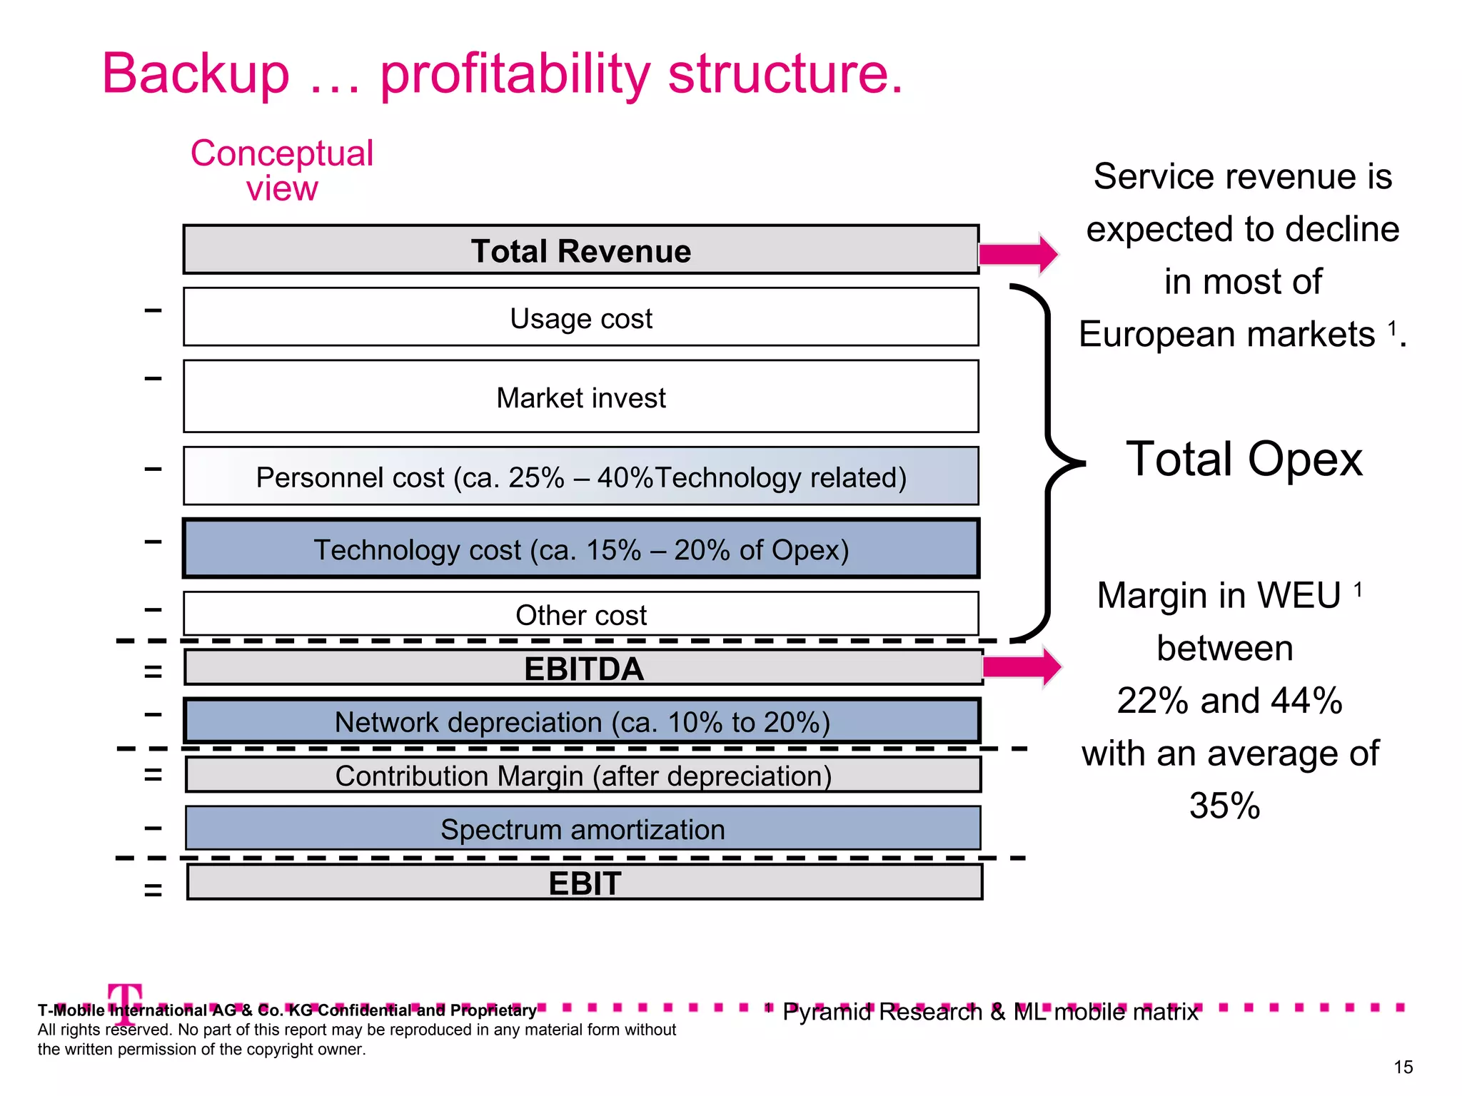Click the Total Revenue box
pyautogui.click(x=580, y=250)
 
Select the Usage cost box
pyautogui.click(x=580, y=318)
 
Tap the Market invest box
pyautogui.click(x=580, y=397)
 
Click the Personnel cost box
pyautogui.click(x=580, y=477)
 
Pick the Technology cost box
pyautogui.click(x=580, y=549)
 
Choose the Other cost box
pyautogui.click(x=580, y=614)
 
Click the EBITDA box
pyautogui.click(x=583, y=668)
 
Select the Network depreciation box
pyautogui.click(x=582, y=721)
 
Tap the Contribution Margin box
pyautogui.click(x=583, y=775)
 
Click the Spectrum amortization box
pyautogui.click(x=583, y=828)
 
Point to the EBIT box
pyautogui.click(x=584, y=883)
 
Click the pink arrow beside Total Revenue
pyautogui.click(x=1018, y=254)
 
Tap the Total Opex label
pyautogui.click(x=1244, y=459)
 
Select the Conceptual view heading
pyautogui.click(x=282, y=171)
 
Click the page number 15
pyautogui.click(x=1403, y=1067)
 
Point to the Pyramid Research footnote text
pyautogui.click(x=989, y=1012)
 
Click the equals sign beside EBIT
pyautogui.click(x=153, y=889)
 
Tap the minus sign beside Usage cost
pyautogui.click(x=153, y=310)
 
